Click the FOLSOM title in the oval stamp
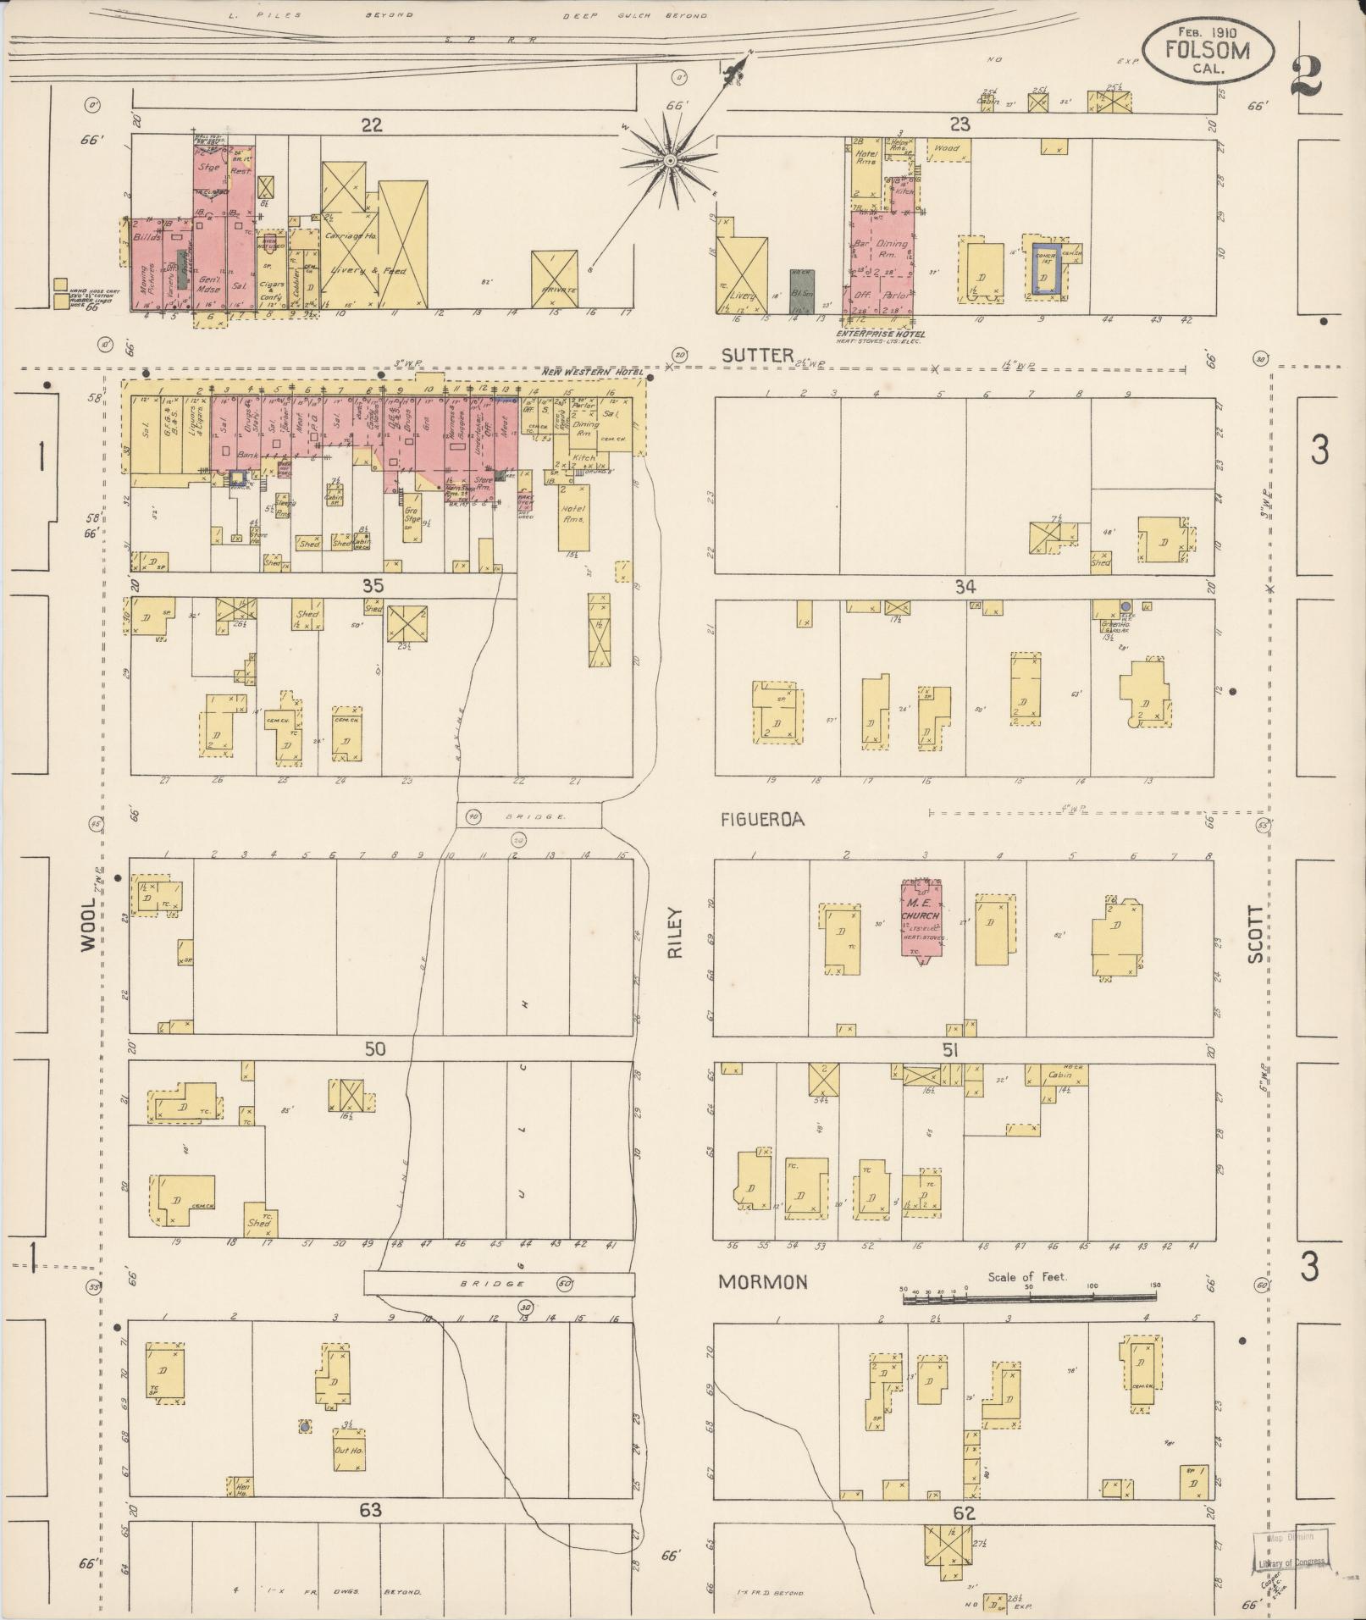click(x=1207, y=50)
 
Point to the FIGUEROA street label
click(x=762, y=820)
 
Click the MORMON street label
click(x=762, y=1306)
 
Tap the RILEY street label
click(x=675, y=932)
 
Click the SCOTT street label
click(x=1254, y=934)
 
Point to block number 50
click(x=375, y=1049)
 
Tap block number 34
click(x=965, y=586)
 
